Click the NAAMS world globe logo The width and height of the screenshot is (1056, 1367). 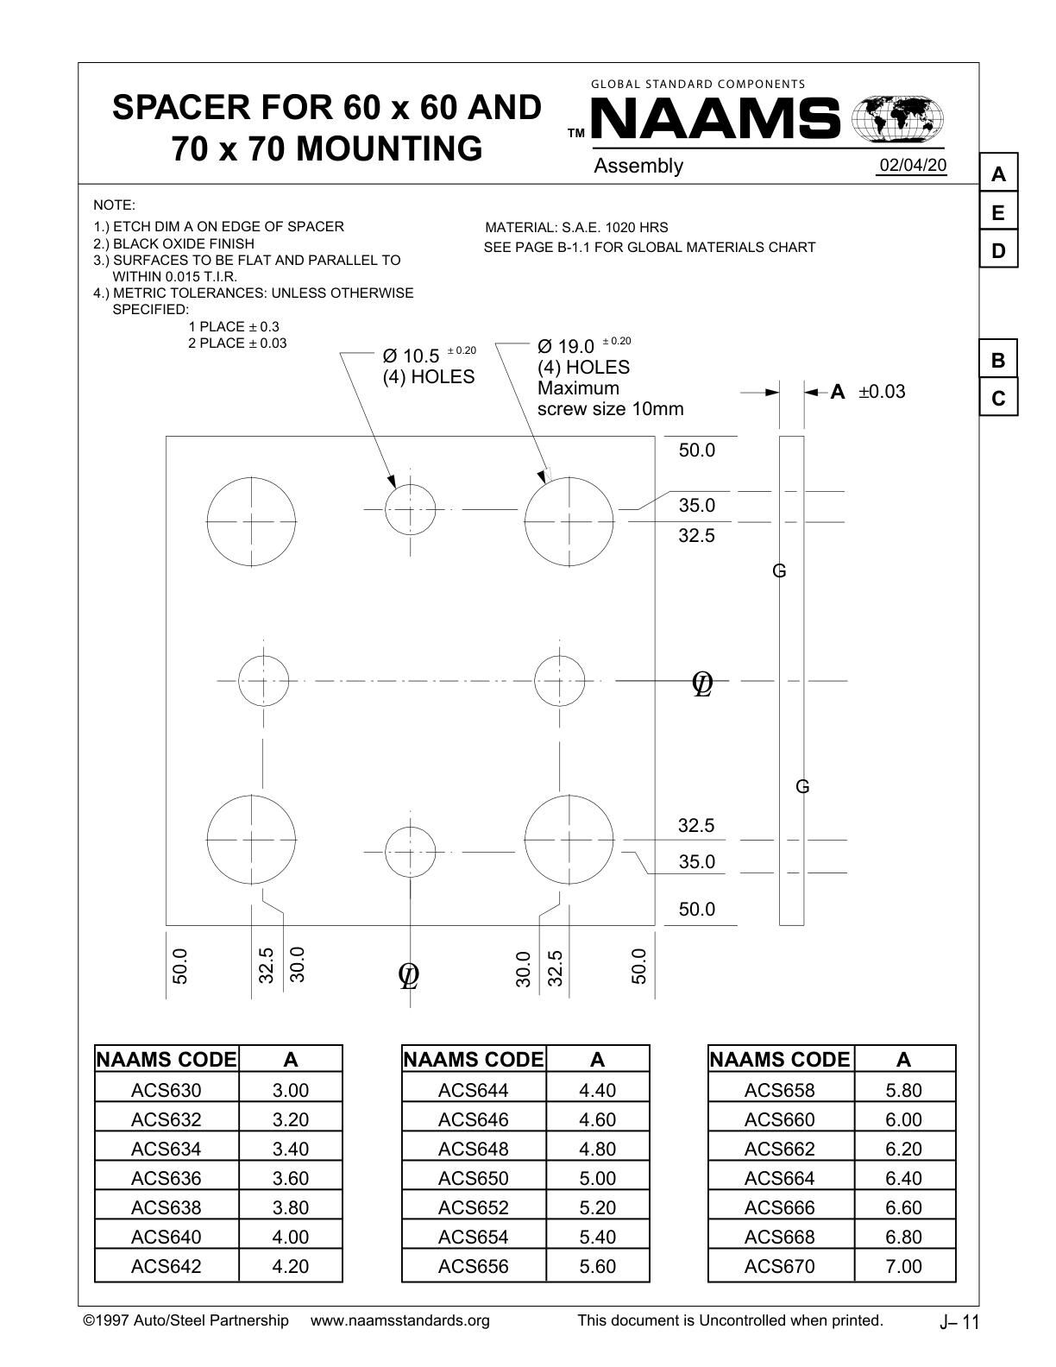pos(897,119)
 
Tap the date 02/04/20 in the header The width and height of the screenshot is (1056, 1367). pos(913,165)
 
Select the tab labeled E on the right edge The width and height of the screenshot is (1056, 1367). pos(998,212)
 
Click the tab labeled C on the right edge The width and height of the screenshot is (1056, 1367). pos(998,399)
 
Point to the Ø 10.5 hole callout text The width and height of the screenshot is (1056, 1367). pos(412,356)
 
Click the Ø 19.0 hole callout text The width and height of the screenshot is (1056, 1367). pos(566,347)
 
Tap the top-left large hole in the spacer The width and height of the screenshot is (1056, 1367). pos(251,521)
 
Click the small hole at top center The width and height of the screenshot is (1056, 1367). pos(410,509)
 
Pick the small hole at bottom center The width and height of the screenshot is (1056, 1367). pos(410,852)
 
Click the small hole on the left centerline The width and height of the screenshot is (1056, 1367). pos(263,681)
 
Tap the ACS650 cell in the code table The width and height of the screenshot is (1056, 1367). pos(474,1178)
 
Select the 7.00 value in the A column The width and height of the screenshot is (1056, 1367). pos(903,1266)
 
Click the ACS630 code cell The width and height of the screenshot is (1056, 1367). pos(166,1090)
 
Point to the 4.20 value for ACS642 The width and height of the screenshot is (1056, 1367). pos(290,1266)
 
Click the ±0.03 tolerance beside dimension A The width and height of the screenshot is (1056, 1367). pos(882,392)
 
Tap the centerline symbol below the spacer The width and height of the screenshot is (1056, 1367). pos(409,975)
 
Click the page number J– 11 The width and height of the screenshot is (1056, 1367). pos(959,1322)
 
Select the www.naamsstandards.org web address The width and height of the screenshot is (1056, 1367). pos(399,1320)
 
